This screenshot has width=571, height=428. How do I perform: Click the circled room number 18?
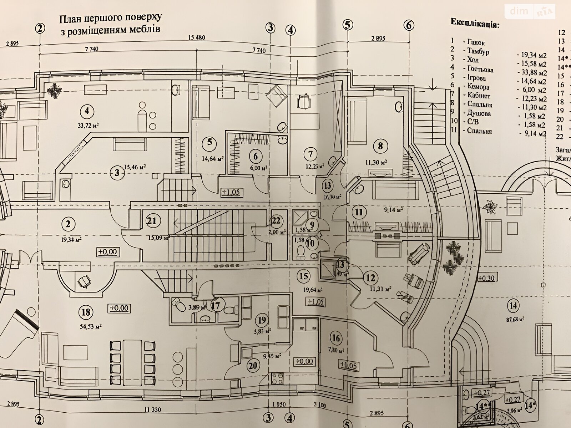click(86, 312)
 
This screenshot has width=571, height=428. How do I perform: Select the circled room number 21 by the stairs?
click(152, 221)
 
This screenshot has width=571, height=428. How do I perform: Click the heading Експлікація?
click(475, 24)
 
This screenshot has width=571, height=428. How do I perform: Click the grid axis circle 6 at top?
click(409, 25)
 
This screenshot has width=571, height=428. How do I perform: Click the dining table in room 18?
click(132, 361)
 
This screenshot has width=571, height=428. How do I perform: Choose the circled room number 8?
click(380, 146)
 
